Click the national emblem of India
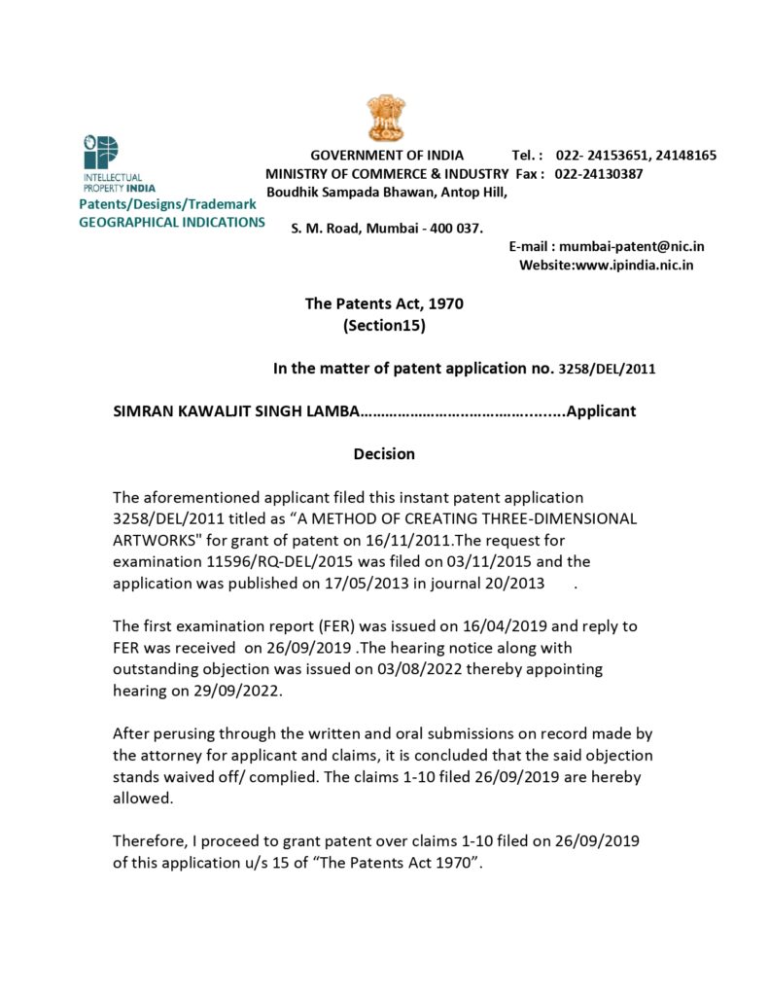pyautogui.click(x=385, y=118)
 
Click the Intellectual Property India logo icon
pyautogui.click(x=100, y=154)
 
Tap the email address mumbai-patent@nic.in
pyautogui.click(x=632, y=247)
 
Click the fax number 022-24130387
pyautogui.click(x=599, y=174)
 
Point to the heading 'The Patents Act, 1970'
pyautogui.click(x=384, y=303)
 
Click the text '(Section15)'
pyautogui.click(x=384, y=326)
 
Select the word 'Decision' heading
pyautogui.click(x=384, y=453)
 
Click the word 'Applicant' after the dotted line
pyautogui.click(x=601, y=410)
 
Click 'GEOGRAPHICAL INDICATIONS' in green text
pyautogui.click(x=171, y=222)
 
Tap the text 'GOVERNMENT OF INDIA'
pyautogui.click(x=387, y=156)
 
